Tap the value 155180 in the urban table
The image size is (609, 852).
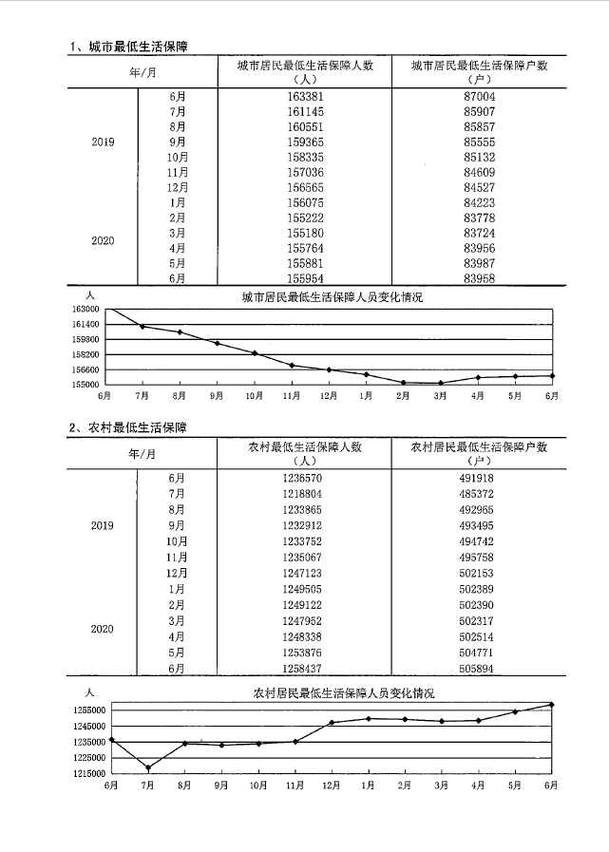tap(305, 233)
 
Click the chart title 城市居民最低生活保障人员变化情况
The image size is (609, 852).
tap(332, 297)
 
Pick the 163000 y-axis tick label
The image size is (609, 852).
tap(85, 309)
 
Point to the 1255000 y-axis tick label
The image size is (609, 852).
tap(89, 710)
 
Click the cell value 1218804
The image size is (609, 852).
tap(305, 495)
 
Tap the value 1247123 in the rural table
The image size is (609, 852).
tap(305, 574)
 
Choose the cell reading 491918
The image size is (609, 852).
tap(476, 479)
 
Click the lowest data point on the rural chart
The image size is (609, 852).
tap(147, 767)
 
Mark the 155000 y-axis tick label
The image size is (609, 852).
tap(85, 385)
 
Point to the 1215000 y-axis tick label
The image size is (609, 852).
tap(89, 773)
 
